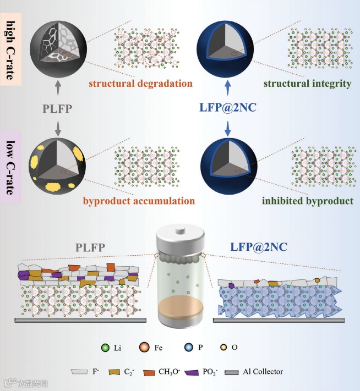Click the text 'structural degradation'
140,84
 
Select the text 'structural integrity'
308,84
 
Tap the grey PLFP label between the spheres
58,109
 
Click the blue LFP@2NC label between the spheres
227,109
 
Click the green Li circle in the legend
105,348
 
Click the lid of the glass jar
180,233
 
